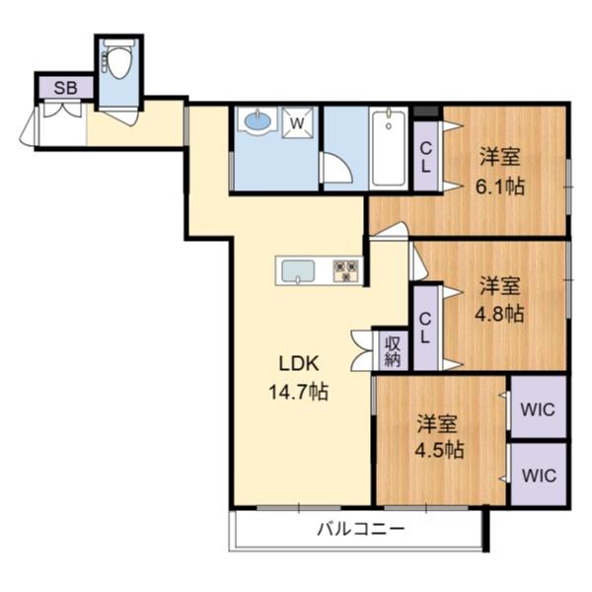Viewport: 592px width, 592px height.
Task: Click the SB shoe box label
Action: click(66, 88)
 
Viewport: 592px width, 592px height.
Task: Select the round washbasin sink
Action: click(258, 123)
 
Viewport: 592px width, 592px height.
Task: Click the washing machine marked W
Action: click(297, 123)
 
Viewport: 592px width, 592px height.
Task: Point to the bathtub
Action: click(389, 148)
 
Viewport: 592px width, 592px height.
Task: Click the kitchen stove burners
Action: click(346, 269)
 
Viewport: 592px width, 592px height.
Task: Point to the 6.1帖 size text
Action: click(500, 185)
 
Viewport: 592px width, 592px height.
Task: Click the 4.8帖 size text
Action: click(500, 315)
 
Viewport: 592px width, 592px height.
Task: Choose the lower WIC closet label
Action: click(539, 475)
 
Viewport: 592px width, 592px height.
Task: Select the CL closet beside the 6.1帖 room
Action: click(425, 158)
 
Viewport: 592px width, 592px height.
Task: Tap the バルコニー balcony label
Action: click(360, 530)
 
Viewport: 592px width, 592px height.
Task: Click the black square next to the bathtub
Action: click(426, 111)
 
